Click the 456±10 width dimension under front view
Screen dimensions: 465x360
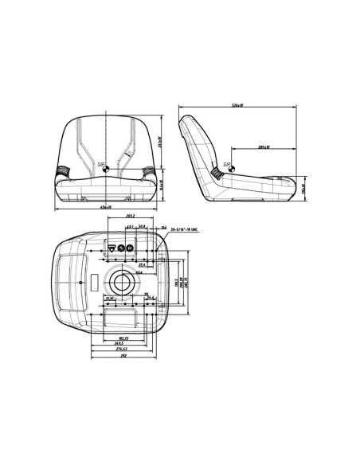[106, 208]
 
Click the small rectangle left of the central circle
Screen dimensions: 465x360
[94, 281]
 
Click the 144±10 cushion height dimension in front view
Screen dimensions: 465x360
[162, 186]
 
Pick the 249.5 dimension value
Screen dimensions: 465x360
[124, 343]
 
